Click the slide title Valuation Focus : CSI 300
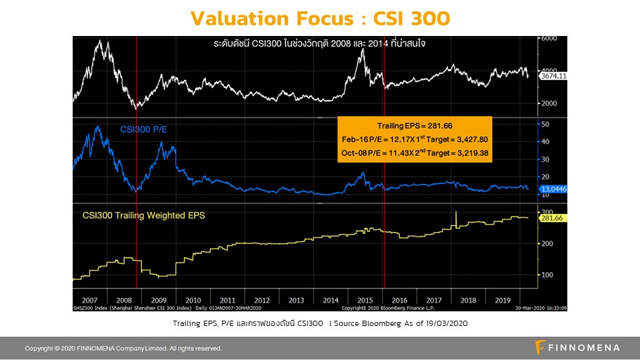tap(320, 17)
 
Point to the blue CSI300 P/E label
tap(143, 129)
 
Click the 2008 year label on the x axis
tap(124, 299)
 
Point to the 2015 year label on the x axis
tap(365, 299)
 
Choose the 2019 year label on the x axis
tap(502, 299)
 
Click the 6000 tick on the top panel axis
tap(548, 39)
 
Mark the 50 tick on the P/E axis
tap(545, 125)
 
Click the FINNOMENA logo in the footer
tap(577, 347)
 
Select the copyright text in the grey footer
tap(123, 348)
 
